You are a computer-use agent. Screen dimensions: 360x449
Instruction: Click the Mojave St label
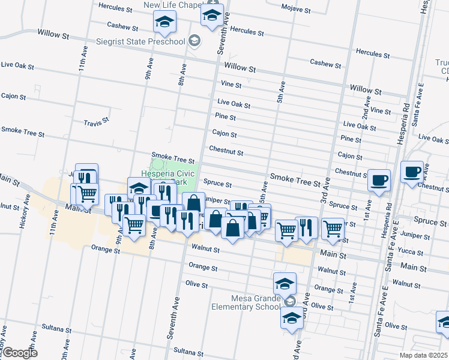click(x=297, y=10)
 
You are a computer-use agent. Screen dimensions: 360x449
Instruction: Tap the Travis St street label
click(x=96, y=121)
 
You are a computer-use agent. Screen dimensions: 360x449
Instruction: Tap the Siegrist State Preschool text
click(x=140, y=41)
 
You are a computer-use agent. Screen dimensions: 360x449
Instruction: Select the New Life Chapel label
click(x=172, y=5)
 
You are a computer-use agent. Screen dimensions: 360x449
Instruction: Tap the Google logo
click(x=20, y=353)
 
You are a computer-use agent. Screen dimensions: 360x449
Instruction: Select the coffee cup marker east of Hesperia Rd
click(x=412, y=172)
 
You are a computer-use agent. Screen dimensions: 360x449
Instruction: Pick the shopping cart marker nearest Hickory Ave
click(x=87, y=194)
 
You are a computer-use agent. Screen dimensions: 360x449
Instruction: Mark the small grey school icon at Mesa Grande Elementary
click(x=291, y=301)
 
